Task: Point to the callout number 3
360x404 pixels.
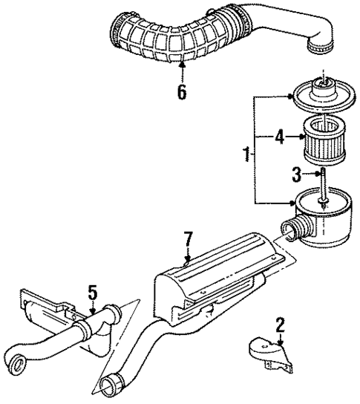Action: [295, 175]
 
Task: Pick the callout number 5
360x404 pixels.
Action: [91, 294]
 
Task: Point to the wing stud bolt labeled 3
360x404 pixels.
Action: [324, 186]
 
